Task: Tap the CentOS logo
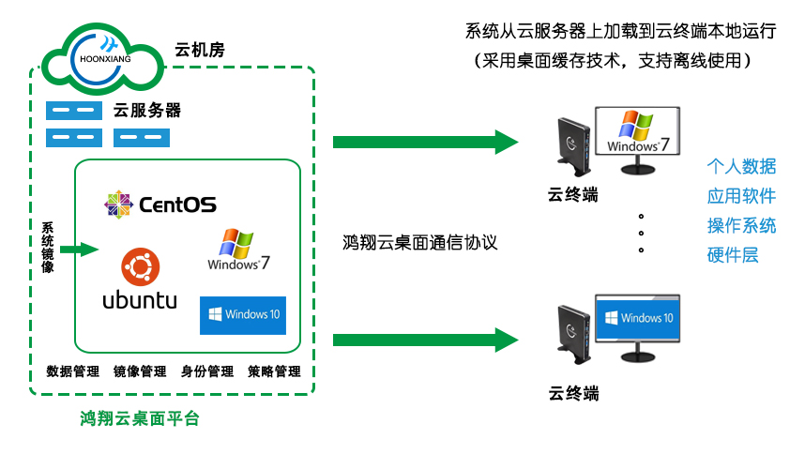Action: (160, 203)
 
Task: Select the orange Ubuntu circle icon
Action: (140, 267)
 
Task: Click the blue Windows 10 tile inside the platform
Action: (242, 315)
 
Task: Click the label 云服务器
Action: (147, 111)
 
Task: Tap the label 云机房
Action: (200, 49)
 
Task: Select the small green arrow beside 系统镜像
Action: (79, 250)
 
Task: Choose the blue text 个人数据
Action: (741, 167)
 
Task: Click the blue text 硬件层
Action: (733, 254)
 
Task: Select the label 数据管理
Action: (73, 371)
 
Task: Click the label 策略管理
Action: (274, 371)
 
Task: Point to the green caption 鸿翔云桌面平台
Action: (140, 419)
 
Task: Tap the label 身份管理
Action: (207, 371)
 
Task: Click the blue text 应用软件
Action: (741, 196)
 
